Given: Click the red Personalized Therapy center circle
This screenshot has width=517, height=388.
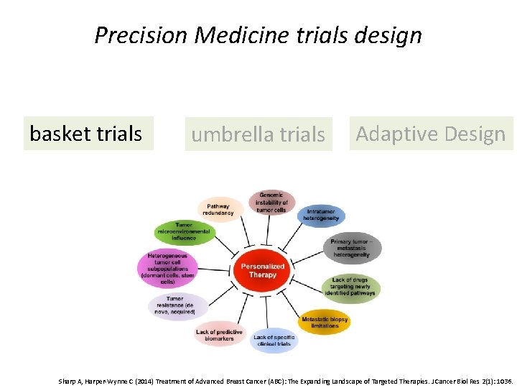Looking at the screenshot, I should (x=263, y=271).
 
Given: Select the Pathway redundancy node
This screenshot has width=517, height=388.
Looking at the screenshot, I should (x=218, y=209).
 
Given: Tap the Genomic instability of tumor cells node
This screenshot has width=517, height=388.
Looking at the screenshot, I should (x=271, y=203).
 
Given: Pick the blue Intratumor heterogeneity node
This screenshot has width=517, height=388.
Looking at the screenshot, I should (x=321, y=216).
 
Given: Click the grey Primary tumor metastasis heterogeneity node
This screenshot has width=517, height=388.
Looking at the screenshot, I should (x=351, y=248).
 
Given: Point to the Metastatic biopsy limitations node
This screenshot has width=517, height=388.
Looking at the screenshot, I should (x=325, y=323).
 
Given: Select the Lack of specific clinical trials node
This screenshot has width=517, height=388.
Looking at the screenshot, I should (x=273, y=340).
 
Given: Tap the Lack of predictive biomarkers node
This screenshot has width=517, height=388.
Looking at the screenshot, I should (x=220, y=335).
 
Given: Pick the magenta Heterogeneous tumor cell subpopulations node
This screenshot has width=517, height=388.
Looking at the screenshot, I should (x=167, y=268).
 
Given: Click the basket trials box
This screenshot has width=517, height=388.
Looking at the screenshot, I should (x=88, y=134).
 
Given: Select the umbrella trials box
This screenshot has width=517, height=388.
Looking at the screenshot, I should (x=258, y=134).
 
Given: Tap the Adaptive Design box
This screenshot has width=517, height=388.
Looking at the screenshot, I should (x=431, y=134).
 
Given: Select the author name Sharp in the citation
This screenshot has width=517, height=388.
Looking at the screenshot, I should (x=67, y=381).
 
